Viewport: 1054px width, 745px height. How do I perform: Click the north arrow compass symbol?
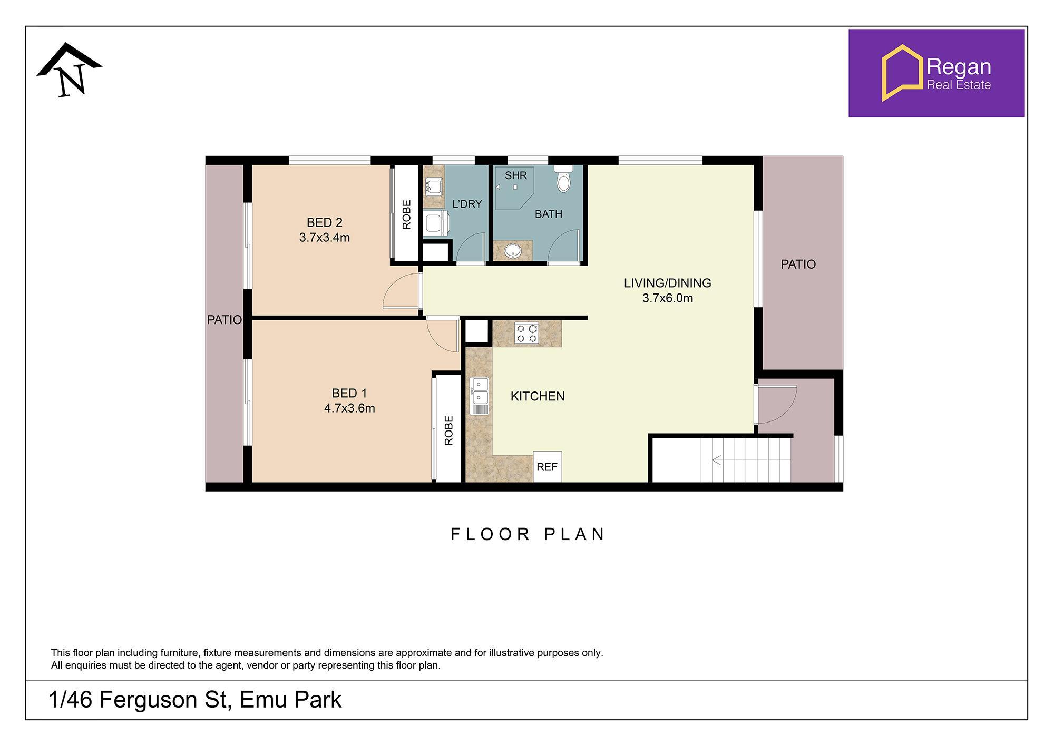pos(70,70)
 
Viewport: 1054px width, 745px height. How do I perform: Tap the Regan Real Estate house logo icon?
pos(902,72)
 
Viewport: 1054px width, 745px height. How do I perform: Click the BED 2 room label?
pos(325,222)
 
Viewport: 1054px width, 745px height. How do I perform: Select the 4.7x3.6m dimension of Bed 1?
pos(349,408)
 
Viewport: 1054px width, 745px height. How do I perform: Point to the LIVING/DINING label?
pos(667,283)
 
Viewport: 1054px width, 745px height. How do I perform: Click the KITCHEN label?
pos(538,396)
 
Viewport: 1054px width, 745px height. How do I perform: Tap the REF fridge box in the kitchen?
pos(547,467)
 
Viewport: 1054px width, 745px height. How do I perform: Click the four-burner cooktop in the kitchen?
pos(526,333)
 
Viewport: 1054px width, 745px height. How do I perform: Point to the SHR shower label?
pos(515,175)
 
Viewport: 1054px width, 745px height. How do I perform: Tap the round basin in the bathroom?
pos(512,252)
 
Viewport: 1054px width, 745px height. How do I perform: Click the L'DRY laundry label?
pos(467,204)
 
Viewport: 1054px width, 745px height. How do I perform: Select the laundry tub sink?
pos(433,186)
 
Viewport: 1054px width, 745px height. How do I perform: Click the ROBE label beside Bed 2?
pos(406,214)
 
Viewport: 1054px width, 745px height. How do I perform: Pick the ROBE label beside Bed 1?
pos(448,430)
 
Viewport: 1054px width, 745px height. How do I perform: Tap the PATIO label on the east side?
pos(798,264)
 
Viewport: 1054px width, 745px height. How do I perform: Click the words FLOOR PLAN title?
pos(528,534)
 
